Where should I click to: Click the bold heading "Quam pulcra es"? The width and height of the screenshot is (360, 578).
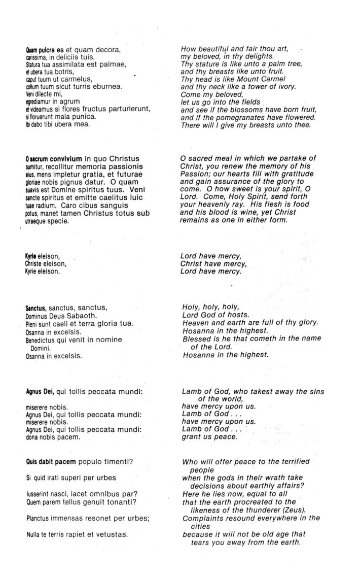44,50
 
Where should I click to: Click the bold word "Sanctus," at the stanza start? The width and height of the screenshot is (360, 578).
36,308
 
